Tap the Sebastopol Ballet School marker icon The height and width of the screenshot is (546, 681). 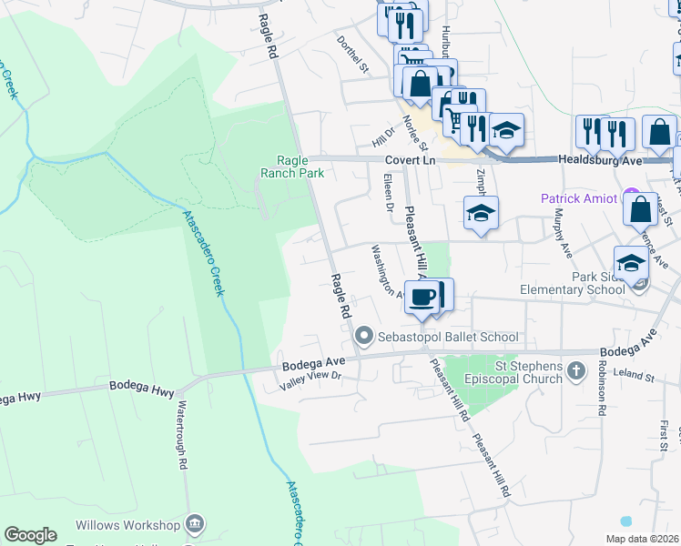tap(365, 337)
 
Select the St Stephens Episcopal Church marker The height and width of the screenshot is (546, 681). tap(575, 371)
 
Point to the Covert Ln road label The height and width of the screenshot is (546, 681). tap(417, 158)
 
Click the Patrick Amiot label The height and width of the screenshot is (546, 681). tap(580, 197)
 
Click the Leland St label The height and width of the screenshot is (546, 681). tap(635, 375)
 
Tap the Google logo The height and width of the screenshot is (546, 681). tap(30, 535)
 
